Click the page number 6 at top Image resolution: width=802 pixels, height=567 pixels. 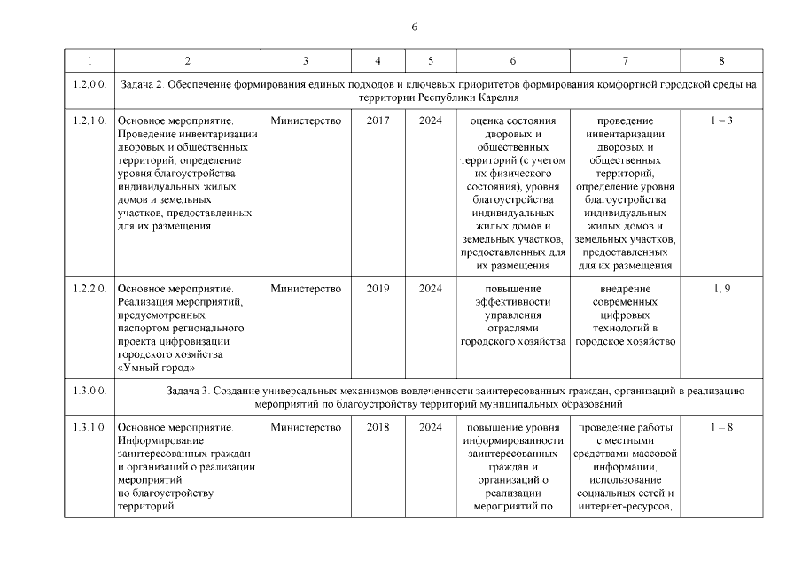pyautogui.click(x=414, y=26)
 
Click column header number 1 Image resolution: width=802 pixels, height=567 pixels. pyautogui.click(x=89, y=60)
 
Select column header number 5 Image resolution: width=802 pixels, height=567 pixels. pyautogui.click(x=431, y=60)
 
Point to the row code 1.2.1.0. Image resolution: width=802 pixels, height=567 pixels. pyautogui.click(x=89, y=120)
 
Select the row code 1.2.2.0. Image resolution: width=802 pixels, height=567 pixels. pyautogui.click(x=89, y=289)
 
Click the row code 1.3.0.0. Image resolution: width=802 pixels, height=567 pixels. pyautogui.click(x=89, y=390)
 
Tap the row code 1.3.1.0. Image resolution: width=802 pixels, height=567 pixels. pyautogui.click(x=89, y=428)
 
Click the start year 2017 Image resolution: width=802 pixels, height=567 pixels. pyautogui.click(x=378, y=120)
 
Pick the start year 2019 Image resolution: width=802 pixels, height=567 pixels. pyautogui.click(x=378, y=289)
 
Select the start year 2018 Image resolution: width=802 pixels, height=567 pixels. pyautogui.click(x=378, y=428)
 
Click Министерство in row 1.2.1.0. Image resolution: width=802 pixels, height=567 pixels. pyautogui.click(x=306, y=120)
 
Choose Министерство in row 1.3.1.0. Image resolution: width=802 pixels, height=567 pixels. pyautogui.click(x=306, y=428)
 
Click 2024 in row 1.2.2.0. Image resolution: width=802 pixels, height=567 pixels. pyautogui.click(x=431, y=289)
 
